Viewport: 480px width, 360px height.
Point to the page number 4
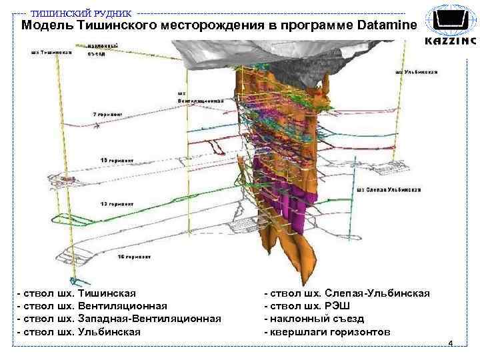[451, 343]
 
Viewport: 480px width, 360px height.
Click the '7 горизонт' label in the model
[108, 115]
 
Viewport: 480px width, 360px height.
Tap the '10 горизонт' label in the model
[117, 161]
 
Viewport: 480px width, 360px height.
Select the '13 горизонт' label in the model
[117, 203]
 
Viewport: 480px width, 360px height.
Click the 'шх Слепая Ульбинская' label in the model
[389, 189]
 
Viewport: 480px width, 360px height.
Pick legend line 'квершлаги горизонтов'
[327, 332]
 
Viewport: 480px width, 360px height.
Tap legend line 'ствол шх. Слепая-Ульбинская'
[347, 293]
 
